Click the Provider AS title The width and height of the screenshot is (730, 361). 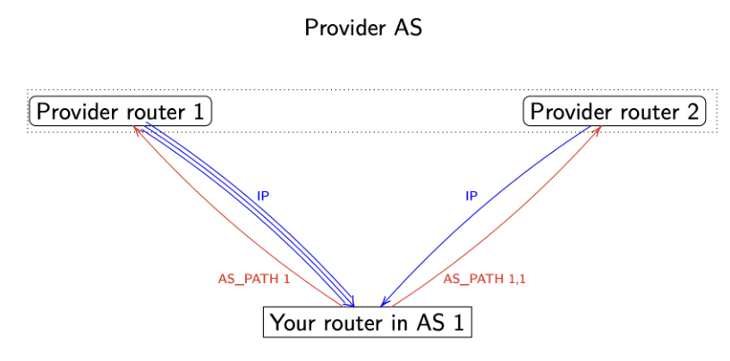362,28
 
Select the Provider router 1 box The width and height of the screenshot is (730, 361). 121,112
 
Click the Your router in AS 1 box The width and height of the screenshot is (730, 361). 367,323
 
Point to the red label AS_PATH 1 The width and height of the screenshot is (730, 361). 254,279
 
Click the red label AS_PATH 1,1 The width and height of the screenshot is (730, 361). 484,279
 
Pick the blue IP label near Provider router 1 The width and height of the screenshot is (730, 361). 263,196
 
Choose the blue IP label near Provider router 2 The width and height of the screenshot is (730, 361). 471,196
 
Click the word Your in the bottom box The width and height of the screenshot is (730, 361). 290,323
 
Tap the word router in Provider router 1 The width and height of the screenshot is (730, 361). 152,112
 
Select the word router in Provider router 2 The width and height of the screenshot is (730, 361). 646,112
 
